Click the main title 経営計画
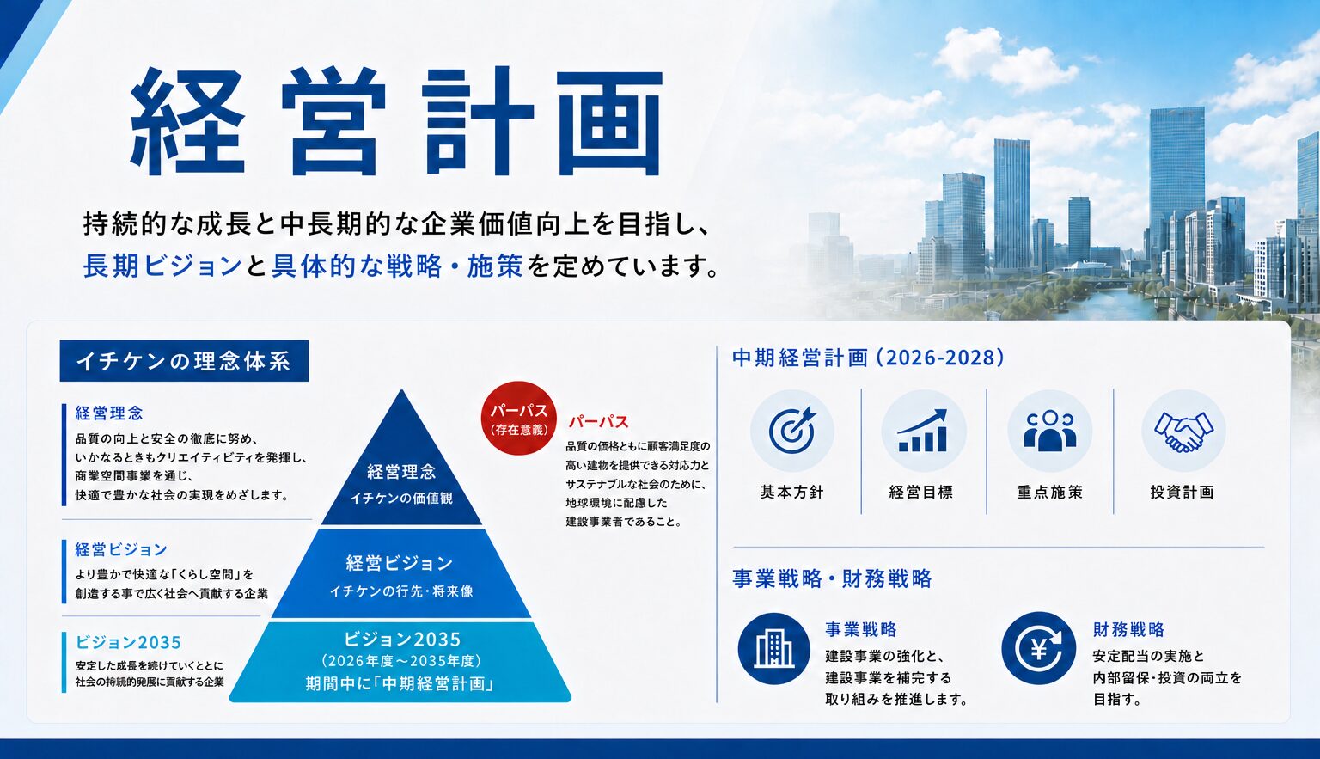click(396, 122)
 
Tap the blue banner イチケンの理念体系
click(184, 361)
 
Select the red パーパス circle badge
click(519, 419)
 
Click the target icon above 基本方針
click(792, 431)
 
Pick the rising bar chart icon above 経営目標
click(923, 431)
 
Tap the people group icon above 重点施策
click(1050, 431)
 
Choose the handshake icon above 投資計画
click(1183, 431)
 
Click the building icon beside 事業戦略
click(773, 648)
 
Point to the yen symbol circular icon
click(1038, 648)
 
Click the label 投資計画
click(1182, 493)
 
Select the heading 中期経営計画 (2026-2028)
click(868, 358)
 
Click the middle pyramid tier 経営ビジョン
click(400, 573)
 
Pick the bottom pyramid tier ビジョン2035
click(400, 662)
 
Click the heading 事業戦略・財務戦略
click(832, 578)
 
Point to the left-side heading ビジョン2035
click(128, 642)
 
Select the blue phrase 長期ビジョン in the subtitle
click(162, 266)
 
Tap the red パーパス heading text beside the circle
click(599, 422)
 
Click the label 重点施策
click(1050, 493)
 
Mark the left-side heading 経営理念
click(109, 413)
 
